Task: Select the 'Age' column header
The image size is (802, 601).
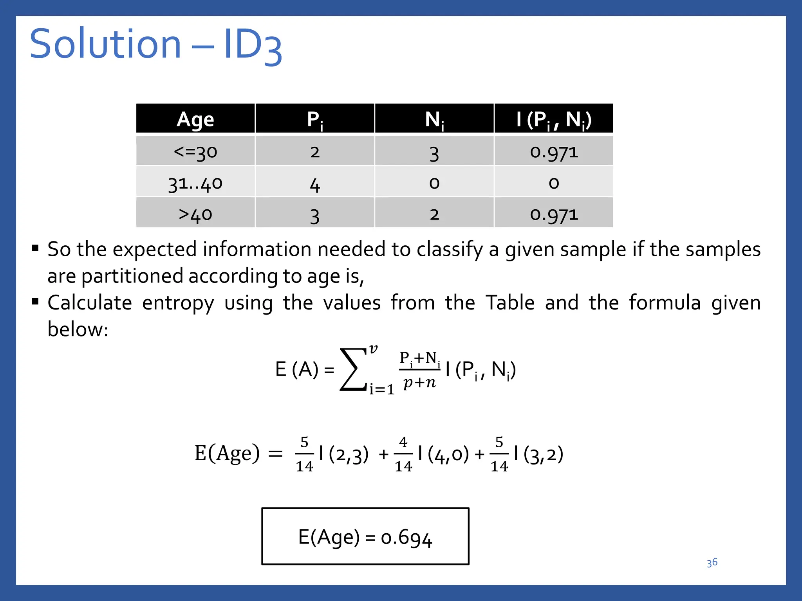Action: tap(195, 119)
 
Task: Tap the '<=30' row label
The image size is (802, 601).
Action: tap(195, 152)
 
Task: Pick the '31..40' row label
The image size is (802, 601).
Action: tap(195, 183)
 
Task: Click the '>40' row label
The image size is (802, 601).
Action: tap(195, 214)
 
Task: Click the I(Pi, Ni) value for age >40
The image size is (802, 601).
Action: tap(554, 214)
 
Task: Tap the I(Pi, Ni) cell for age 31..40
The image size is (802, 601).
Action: tap(554, 183)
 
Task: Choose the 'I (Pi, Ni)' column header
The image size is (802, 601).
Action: tap(554, 119)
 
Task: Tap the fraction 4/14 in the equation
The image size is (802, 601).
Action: tap(403, 454)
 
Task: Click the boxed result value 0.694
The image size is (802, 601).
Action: tap(406, 538)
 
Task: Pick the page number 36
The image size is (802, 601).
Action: tap(712, 563)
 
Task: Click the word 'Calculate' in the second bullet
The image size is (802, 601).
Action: tap(90, 303)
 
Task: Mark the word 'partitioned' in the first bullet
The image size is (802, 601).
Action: tap(134, 276)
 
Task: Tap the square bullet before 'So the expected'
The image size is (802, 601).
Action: tap(35, 248)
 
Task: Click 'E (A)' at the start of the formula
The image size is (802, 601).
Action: tap(297, 369)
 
